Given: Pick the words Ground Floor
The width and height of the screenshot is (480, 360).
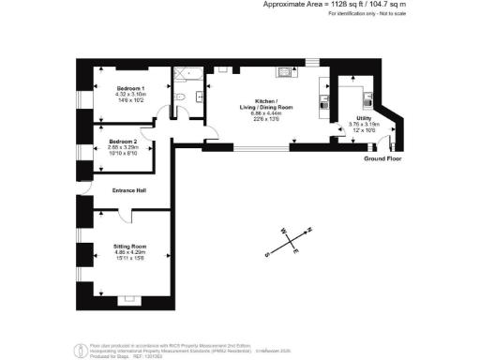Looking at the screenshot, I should click(382, 159).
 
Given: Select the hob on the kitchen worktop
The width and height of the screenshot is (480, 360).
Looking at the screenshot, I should click(282, 71).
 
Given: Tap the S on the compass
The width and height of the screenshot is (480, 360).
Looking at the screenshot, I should click(267, 253).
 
